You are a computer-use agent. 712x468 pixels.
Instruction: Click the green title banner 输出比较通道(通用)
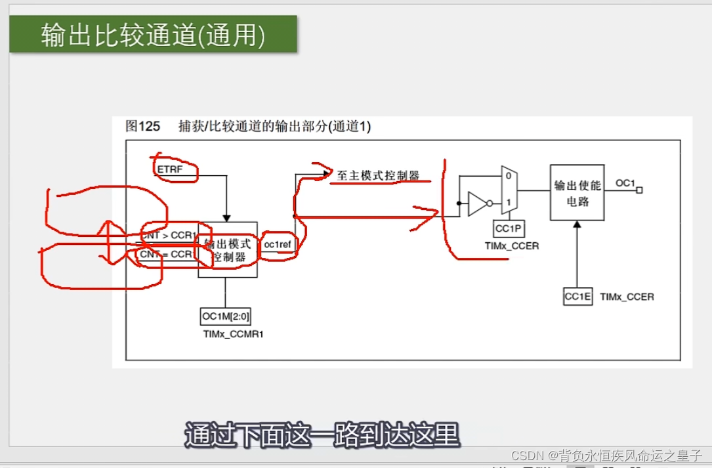click(153, 35)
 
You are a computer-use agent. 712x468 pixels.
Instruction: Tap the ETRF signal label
click(169, 169)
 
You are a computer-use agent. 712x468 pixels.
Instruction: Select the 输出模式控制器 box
click(227, 249)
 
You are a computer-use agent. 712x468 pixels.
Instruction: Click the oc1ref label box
click(278, 245)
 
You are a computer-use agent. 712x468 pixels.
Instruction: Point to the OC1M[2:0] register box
click(225, 316)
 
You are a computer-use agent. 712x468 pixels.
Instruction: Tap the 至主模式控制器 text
click(378, 175)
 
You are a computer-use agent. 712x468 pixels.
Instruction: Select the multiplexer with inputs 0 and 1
click(509, 190)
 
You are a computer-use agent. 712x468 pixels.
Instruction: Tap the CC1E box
click(578, 297)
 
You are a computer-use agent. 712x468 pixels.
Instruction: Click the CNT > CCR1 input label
click(169, 235)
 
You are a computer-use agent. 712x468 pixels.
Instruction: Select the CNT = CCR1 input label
click(166, 254)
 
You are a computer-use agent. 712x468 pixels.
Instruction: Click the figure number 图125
click(142, 127)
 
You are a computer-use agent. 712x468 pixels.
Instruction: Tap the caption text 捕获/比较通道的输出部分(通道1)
click(274, 127)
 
